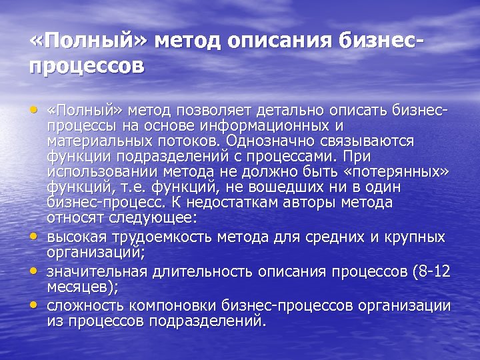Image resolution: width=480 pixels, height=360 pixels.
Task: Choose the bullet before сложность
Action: [x=34, y=305]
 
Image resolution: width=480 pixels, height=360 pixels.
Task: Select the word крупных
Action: [x=419, y=237]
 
